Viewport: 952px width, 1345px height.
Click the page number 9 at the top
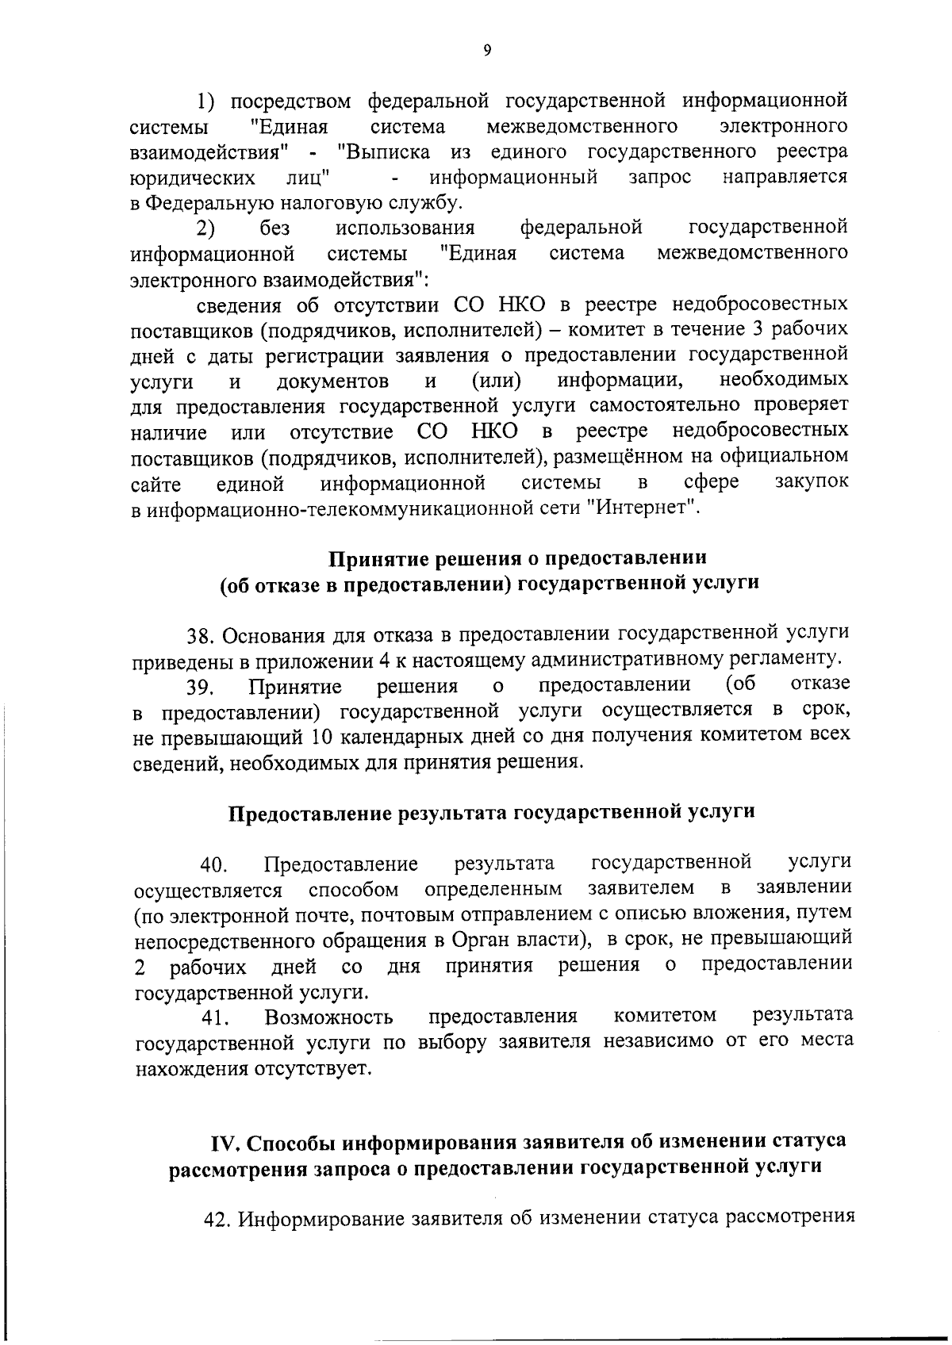point(486,51)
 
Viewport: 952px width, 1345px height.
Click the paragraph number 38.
point(199,636)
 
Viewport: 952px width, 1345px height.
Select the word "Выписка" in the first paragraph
point(383,151)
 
